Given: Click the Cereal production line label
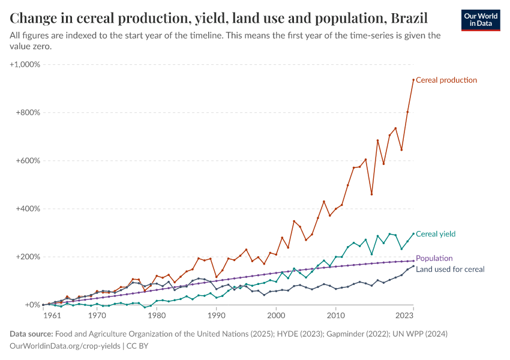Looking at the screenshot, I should (x=446, y=80).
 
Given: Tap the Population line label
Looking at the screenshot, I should (x=434, y=259).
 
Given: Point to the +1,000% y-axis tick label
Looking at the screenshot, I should (x=25, y=64).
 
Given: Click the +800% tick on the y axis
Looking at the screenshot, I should (x=28, y=113).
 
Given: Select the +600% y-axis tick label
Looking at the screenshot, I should (x=28, y=161).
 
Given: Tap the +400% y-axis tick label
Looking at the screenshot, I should (x=28, y=209).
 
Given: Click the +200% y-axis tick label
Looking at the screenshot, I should (x=28, y=257).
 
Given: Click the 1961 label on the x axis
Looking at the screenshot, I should (x=52, y=314).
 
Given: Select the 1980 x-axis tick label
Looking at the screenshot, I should (x=157, y=314).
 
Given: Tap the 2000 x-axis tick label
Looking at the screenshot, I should (x=276, y=314).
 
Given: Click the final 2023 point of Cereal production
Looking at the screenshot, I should (x=413, y=80).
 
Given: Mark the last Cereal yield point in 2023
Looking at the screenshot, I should (x=413, y=233).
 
